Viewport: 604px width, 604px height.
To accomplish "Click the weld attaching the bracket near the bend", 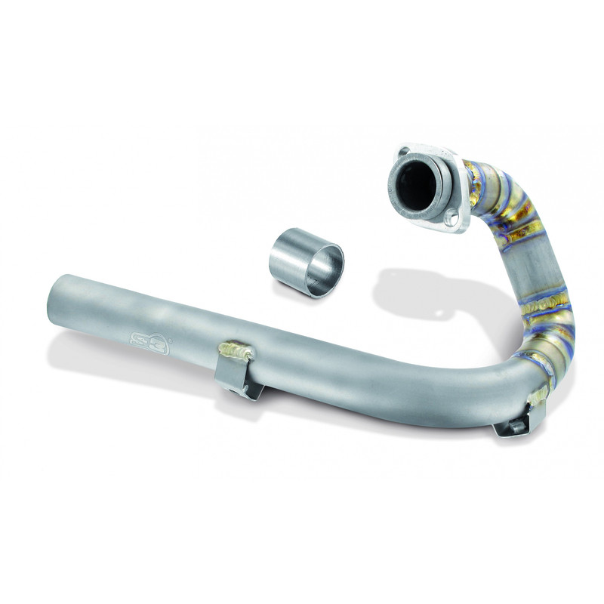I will [539, 394].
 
